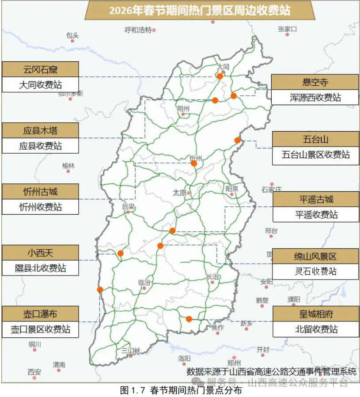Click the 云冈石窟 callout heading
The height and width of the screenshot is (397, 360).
tap(40, 69)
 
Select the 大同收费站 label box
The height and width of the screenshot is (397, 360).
tap(40, 84)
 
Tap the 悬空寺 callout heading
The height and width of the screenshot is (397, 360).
tap(315, 82)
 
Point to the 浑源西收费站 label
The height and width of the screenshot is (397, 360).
tap(315, 97)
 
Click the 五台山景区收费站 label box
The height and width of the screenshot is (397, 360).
tap(315, 155)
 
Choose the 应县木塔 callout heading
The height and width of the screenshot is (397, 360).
tap(40, 131)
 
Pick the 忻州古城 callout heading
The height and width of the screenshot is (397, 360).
tap(40, 192)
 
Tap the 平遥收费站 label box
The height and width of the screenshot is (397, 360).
tap(316, 215)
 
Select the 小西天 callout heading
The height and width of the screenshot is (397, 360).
tap(40, 253)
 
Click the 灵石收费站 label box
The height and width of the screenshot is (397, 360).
tap(315, 272)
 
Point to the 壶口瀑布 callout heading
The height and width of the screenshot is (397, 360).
tap(40, 314)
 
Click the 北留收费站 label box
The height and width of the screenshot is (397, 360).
tap(316, 329)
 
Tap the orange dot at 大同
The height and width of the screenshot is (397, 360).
tap(220, 76)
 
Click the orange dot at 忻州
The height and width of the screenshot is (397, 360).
tap(194, 163)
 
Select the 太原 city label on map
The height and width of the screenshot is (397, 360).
tap(179, 193)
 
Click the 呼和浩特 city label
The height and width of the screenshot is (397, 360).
tap(138, 30)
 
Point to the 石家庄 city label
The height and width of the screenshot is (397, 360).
tap(271, 190)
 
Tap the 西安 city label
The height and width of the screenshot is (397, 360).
tap(34, 371)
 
